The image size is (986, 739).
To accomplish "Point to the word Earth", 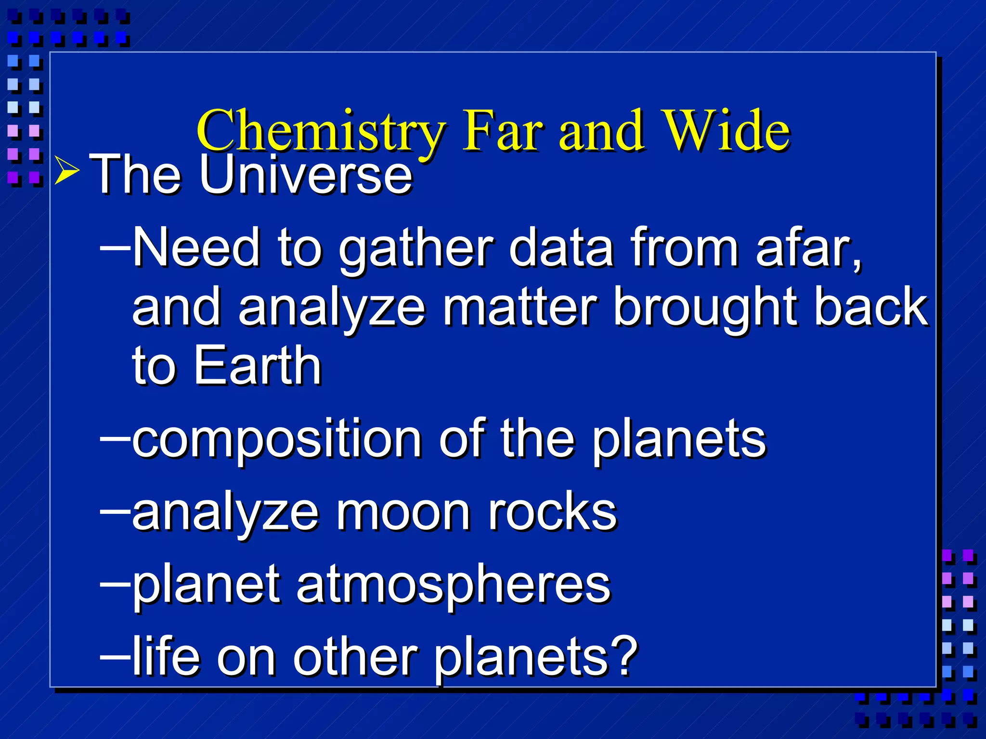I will click(258, 366).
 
